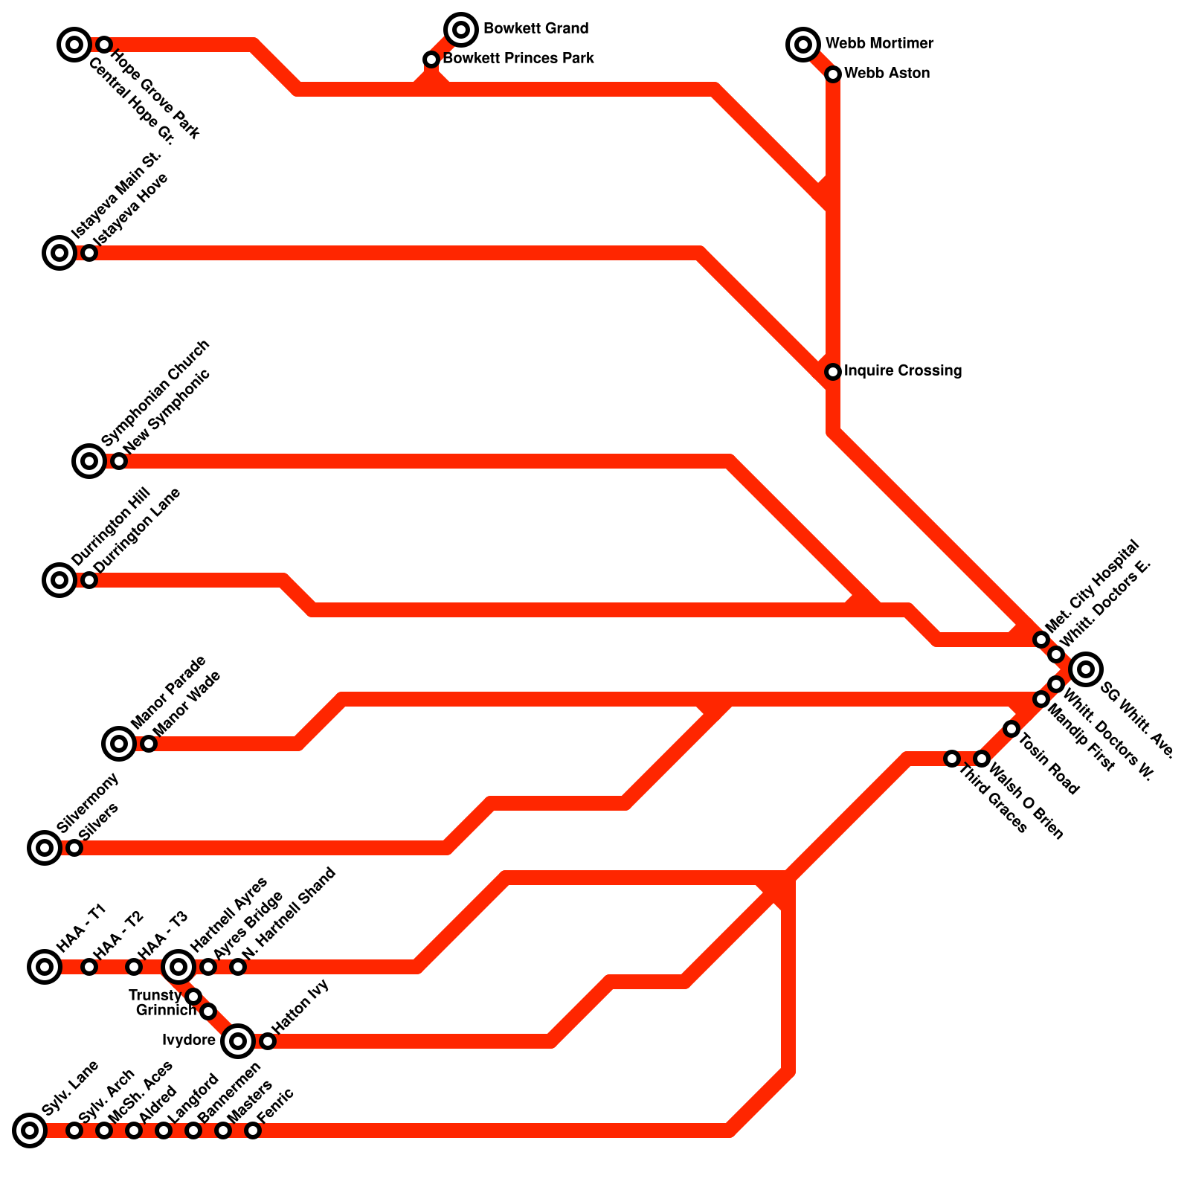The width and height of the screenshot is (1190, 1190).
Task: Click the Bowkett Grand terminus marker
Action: (461, 30)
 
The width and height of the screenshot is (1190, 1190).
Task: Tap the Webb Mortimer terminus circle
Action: (803, 45)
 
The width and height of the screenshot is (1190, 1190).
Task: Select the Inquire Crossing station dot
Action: (833, 372)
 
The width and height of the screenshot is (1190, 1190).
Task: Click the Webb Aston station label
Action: (887, 74)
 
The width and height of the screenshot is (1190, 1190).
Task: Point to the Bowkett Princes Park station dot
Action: (431, 59)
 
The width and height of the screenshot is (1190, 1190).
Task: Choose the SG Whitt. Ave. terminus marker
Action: (1086, 669)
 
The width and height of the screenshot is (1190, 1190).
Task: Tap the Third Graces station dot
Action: (952, 759)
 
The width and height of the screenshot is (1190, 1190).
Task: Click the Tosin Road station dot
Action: (1011, 729)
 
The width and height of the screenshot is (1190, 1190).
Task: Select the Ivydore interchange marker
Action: (238, 1041)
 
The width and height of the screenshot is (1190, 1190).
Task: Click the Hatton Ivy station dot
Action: (268, 1041)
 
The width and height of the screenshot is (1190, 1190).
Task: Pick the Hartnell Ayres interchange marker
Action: (178, 967)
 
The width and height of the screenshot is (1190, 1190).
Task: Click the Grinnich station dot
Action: (208, 1011)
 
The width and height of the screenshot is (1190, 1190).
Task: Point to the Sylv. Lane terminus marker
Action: (30, 1130)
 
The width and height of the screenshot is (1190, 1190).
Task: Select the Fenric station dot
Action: (253, 1130)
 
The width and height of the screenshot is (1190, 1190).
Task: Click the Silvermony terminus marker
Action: (45, 848)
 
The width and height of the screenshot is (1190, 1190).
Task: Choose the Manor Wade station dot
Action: (149, 744)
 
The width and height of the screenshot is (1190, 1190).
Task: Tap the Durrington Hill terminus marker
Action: (59, 580)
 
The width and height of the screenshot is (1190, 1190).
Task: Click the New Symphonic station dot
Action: (119, 461)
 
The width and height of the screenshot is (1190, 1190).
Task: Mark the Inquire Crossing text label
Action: (903, 371)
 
